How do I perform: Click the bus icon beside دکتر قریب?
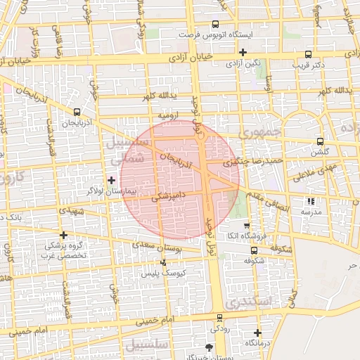[x=309, y=54]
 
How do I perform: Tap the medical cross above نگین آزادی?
[x=243, y=52]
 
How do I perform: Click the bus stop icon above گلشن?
[x=321, y=141]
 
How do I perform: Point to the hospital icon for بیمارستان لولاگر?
[x=111, y=181]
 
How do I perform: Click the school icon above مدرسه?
[x=311, y=201]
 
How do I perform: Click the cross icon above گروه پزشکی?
[x=64, y=236]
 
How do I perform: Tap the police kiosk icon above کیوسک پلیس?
[x=164, y=262]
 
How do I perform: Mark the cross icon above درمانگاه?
[x=257, y=333]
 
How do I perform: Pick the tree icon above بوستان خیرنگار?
[x=208, y=347]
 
